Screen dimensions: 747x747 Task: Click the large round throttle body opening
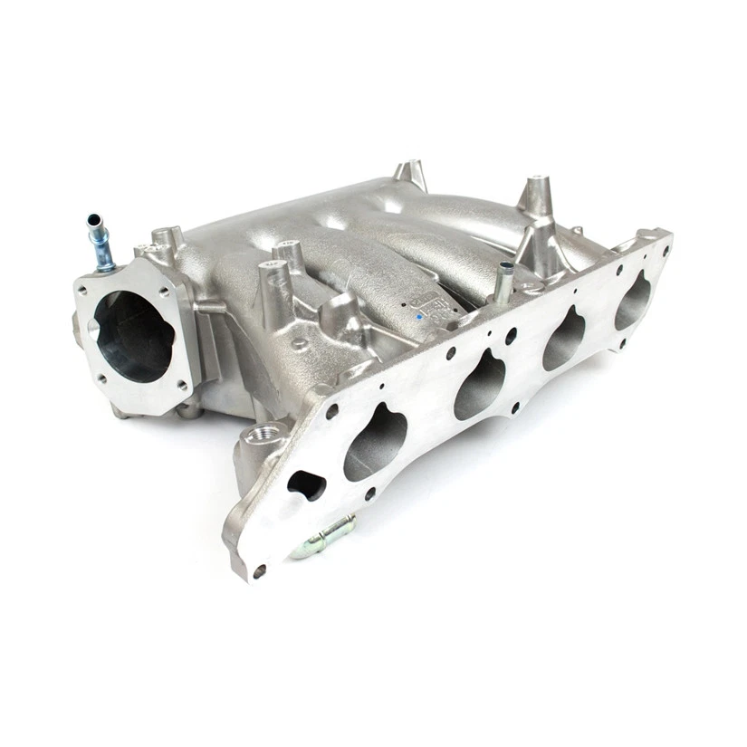[134, 335]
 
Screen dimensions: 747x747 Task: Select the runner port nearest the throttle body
[376, 446]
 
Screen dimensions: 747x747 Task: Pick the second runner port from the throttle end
[480, 385]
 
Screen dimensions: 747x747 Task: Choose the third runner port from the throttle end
[565, 339]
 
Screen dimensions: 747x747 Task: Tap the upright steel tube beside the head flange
[503, 282]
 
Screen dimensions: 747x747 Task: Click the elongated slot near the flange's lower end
[306, 484]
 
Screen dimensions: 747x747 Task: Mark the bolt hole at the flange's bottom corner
[261, 570]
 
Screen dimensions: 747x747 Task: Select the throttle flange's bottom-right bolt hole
[181, 385]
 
